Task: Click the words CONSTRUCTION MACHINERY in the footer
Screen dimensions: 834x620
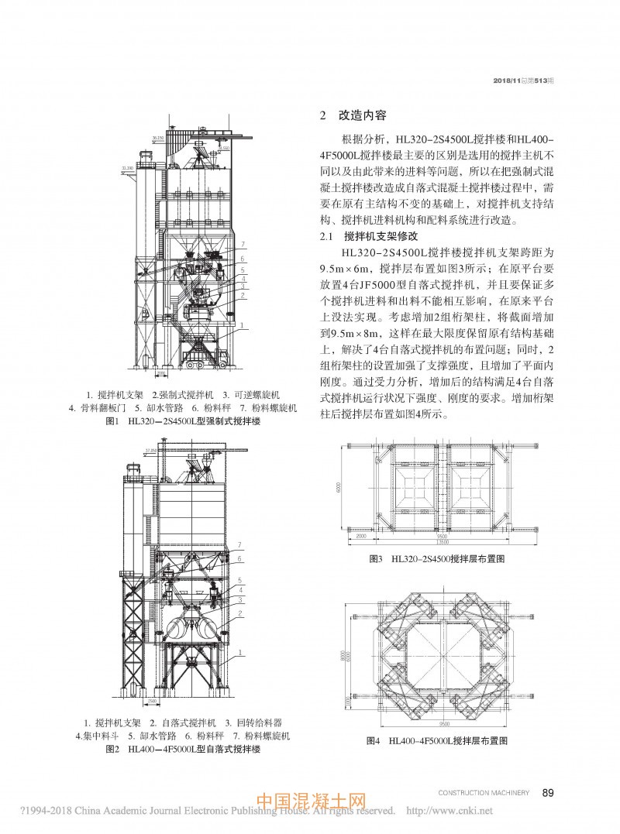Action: coord(484,792)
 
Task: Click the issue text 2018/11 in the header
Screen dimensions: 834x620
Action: coord(506,81)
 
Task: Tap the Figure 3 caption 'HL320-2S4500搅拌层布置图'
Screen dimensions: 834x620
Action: coord(441,558)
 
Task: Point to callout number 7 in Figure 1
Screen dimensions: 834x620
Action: coord(243,244)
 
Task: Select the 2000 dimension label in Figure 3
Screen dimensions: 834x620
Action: coord(361,536)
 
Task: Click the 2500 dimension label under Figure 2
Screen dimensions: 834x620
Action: coord(153,702)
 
